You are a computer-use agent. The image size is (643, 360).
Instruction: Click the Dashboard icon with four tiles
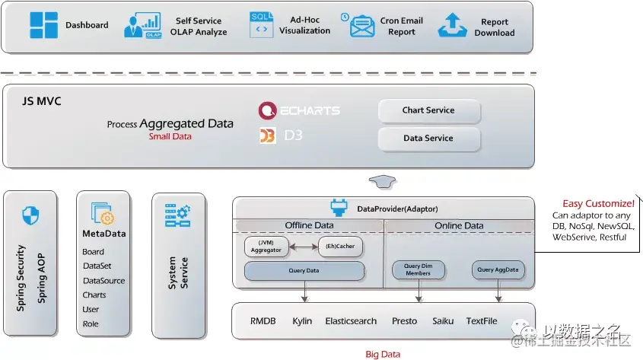pos(43,25)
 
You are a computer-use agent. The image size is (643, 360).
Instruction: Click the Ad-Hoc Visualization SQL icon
pos(261,24)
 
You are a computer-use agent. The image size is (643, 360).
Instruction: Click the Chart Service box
pos(428,110)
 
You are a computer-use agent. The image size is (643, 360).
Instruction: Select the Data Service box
pos(428,139)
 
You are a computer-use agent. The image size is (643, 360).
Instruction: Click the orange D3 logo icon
pos(267,136)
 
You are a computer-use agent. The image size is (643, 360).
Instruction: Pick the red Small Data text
pos(170,136)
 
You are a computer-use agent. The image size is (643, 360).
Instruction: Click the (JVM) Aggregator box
pos(266,247)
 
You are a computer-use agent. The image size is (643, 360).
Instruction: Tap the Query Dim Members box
pos(418,269)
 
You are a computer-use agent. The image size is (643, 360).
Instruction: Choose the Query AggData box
pos(497,269)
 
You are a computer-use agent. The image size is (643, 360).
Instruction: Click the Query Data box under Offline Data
pos(304,270)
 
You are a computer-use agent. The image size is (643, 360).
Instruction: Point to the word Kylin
pos(302,321)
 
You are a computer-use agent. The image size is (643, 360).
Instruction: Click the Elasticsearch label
pos(351,321)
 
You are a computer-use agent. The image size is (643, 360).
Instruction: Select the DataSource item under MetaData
pos(104,281)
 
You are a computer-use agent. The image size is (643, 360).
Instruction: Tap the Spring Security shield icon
pos(30,216)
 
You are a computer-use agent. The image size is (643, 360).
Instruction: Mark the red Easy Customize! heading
pos(598,203)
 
